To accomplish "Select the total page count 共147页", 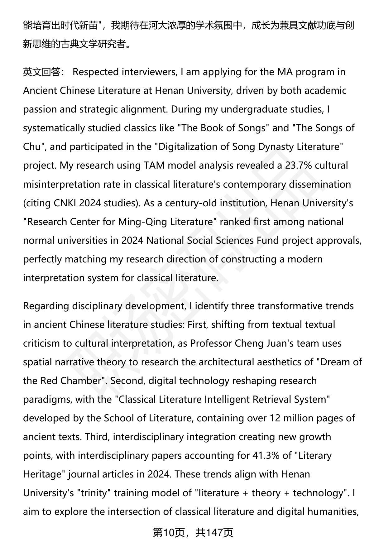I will click(214, 533).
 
